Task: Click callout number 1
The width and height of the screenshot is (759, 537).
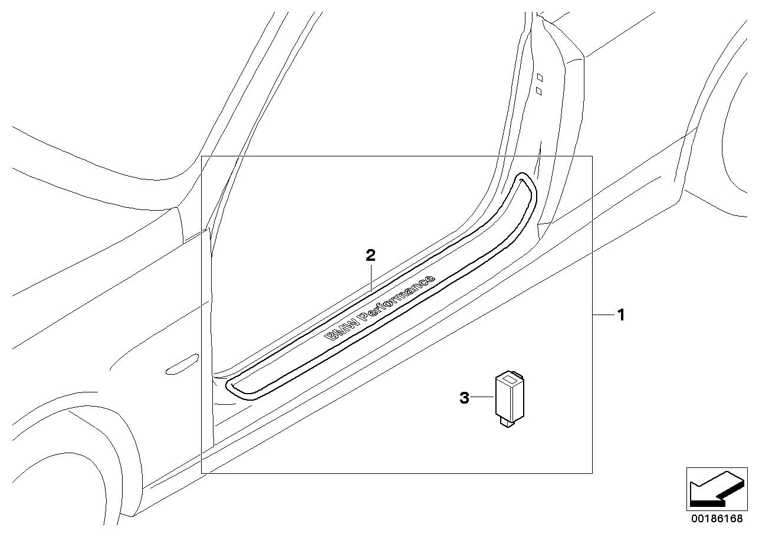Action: (x=620, y=315)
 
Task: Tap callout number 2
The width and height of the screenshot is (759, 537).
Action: (x=370, y=255)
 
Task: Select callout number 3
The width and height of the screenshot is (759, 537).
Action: (x=464, y=398)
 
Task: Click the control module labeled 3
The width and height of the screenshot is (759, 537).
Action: (x=510, y=397)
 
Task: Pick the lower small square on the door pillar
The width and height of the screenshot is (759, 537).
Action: (x=538, y=90)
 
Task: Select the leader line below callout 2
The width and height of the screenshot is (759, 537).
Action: (x=370, y=277)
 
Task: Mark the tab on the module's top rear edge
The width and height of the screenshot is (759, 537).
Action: (x=520, y=373)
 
